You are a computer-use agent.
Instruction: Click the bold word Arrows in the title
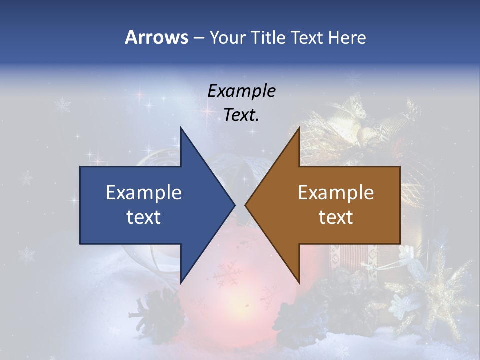tap(156, 37)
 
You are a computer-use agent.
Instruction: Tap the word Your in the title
tap(228, 37)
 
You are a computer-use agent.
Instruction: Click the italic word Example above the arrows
tap(241, 91)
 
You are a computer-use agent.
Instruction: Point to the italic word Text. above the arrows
tap(241, 115)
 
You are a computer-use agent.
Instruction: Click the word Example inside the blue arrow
tap(143, 192)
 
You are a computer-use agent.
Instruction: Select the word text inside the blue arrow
tap(143, 217)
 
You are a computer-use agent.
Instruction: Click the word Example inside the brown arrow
tap(336, 192)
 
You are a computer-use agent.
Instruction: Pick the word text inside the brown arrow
tap(336, 217)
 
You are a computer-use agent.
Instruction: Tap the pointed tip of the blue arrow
tap(234, 205)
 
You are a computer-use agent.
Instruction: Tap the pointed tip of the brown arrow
tap(246, 205)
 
